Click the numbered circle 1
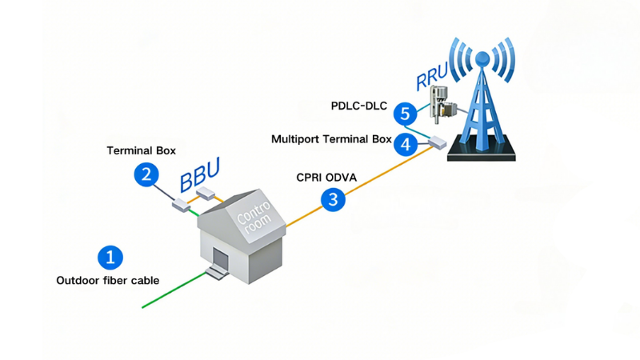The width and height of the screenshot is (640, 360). pos(110,257)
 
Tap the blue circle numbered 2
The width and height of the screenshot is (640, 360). pos(146,174)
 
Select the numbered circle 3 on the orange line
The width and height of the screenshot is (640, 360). pos(334,199)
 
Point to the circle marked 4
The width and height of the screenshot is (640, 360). pos(406,144)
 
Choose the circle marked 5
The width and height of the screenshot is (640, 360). pos(405,114)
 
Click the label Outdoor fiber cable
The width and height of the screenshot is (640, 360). pos(108,281)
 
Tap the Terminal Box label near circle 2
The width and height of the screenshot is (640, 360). pos(142,150)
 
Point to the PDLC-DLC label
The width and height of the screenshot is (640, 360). pos(360,105)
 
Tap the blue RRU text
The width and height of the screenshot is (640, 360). pos(433,77)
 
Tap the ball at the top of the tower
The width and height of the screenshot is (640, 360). pos(482,58)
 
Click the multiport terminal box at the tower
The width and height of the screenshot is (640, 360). pos(437,144)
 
